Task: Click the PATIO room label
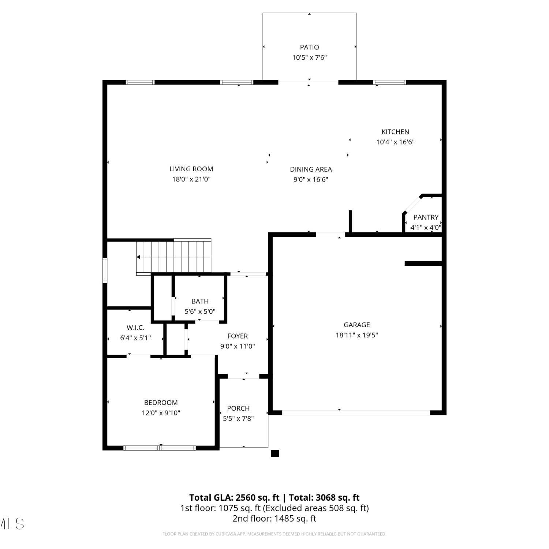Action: [x=309, y=47]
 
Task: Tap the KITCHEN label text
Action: [x=395, y=132]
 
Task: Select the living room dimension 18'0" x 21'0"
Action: [x=191, y=179]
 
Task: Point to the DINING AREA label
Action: [x=311, y=169]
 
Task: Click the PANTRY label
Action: [x=426, y=217]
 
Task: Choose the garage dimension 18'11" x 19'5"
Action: [x=357, y=335]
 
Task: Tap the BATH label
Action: [x=200, y=301]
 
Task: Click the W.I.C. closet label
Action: [x=135, y=328]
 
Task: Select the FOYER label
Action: [x=238, y=336]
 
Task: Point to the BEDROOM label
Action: [x=161, y=403]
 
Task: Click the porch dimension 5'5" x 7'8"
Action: [x=238, y=418]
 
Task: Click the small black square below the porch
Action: [x=275, y=453]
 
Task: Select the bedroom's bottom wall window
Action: [x=160, y=448]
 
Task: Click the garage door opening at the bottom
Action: [x=356, y=412]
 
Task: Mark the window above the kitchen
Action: [x=390, y=82]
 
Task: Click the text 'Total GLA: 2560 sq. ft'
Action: [x=234, y=498]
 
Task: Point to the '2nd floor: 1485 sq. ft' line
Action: [x=274, y=519]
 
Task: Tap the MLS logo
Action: [x=12, y=524]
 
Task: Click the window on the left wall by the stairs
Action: [x=105, y=270]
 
